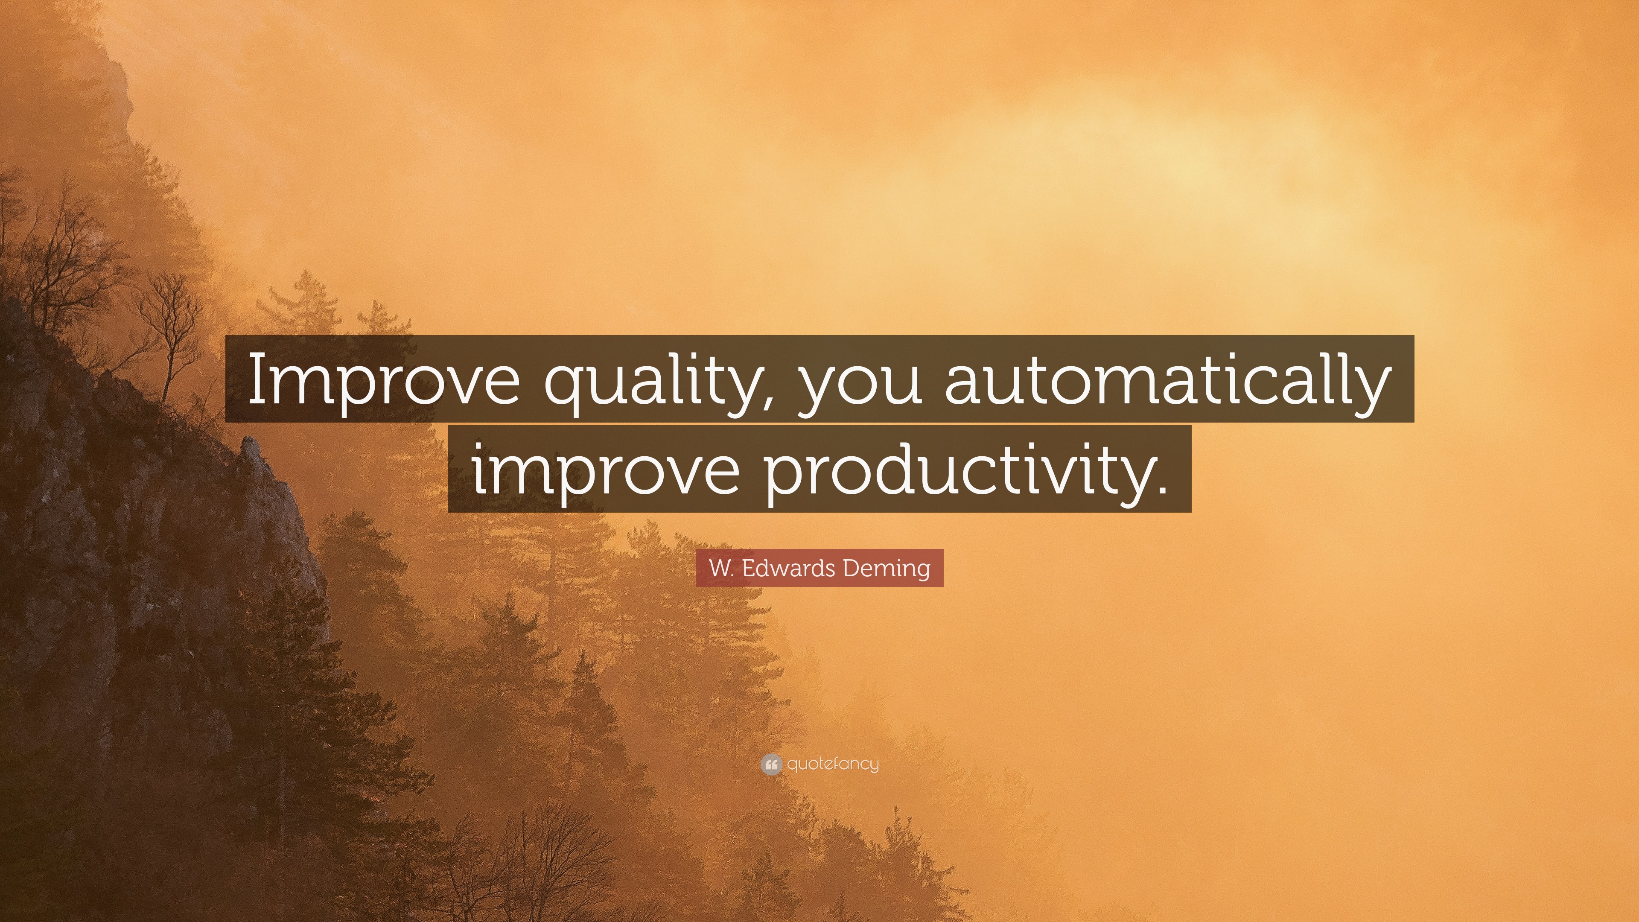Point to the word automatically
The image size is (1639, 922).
coord(1167,380)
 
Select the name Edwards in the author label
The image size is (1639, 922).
coord(787,568)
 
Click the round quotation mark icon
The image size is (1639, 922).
coord(770,764)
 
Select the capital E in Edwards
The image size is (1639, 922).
coord(748,568)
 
